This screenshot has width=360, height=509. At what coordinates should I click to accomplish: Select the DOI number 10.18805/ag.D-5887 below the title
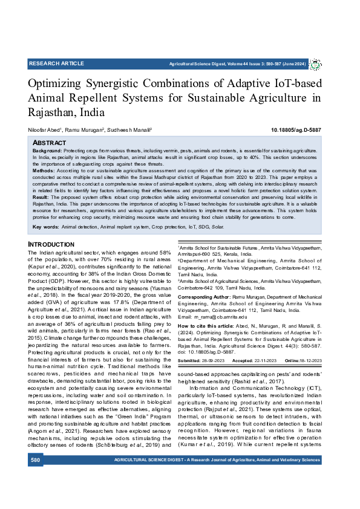point(296,129)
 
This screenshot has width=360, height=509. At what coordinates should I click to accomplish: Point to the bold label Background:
point(47,149)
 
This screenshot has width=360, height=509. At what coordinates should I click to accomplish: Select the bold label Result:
point(41,197)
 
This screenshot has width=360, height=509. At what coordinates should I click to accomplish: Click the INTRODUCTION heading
point(52,244)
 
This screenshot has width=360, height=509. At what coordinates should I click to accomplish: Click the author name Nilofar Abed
point(44,129)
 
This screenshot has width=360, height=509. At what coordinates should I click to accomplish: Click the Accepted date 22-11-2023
point(263,360)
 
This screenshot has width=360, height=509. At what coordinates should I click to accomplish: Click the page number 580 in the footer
point(36,460)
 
